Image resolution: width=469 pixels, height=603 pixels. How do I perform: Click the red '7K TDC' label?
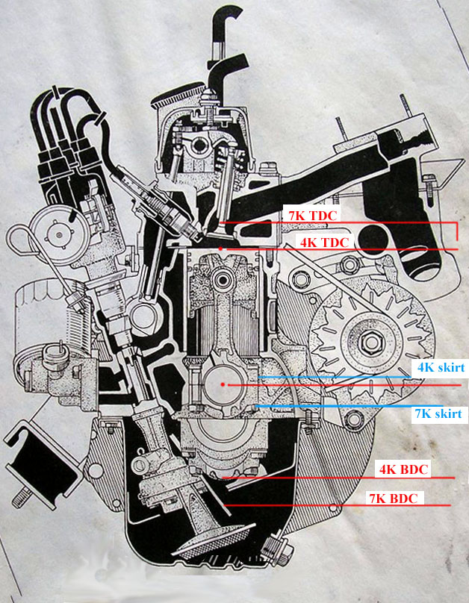[312, 216]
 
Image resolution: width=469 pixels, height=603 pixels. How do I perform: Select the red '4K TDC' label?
[324, 243]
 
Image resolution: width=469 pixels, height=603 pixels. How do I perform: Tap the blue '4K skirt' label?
[441, 367]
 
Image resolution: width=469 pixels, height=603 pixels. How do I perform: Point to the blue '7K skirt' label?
[438, 413]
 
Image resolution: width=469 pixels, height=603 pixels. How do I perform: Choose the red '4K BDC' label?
[403, 469]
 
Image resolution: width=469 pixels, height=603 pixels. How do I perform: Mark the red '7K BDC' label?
[394, 499]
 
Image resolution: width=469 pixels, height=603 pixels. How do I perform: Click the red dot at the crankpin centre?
[223, 384]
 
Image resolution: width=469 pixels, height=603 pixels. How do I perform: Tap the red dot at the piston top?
[220, 249]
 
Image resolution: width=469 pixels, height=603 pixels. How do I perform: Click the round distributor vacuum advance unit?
[59, 234]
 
